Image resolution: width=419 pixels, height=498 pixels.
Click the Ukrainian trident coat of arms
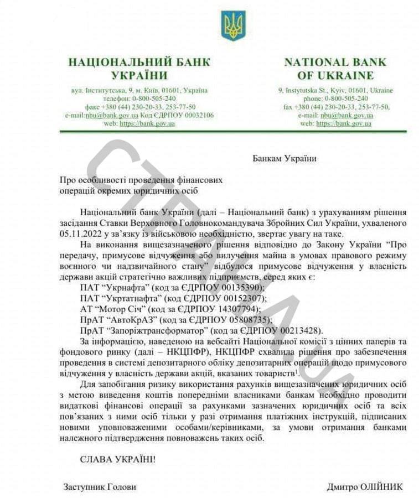click(233, 25)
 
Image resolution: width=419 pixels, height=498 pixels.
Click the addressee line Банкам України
click(284, 159)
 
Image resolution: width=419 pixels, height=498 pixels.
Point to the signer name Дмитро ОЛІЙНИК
click(365, 487)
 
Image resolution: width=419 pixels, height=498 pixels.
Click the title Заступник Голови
click(100, 487)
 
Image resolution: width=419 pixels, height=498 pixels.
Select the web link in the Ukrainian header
click(147, 123)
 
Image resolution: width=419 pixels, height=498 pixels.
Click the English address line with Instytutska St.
click(335, 90)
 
